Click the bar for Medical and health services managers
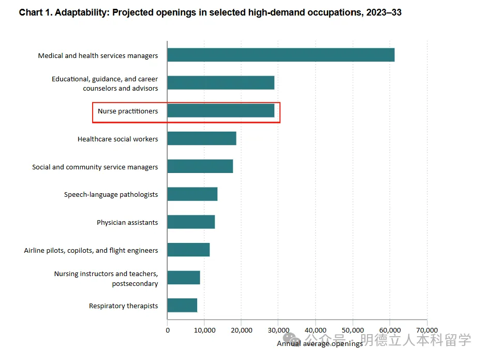(x=281, y=55)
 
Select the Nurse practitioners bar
(x=220, y=111)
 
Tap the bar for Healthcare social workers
(x=201, y=139)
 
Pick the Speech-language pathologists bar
(x=192, y=194)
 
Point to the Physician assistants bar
(x=191, y=222)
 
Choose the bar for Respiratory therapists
(x=182, y=306)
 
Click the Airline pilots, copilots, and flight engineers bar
(x=188, y=250)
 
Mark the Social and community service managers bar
(x=200, y=167)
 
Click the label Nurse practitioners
(x=128, y=111)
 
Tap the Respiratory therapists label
(x=123, y=306)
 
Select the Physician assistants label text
(x=127, y=222)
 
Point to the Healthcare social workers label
(x=117, y=139)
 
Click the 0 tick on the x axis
(x=167, y=330)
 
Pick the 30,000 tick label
(x=278, y=330)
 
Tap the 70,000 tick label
(x=426, y=330)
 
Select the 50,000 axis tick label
(x=352, y=330)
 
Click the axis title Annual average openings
(x=319, y=343)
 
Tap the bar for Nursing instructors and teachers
(x=183, y=278)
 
